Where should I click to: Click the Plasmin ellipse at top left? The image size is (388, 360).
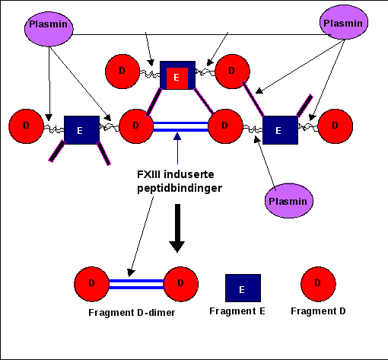click(49, 29)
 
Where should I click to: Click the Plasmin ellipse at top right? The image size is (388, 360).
click(344, 22)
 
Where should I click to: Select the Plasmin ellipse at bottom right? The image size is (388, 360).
click(289, 201)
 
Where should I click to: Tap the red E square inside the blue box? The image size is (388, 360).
click(177, 78)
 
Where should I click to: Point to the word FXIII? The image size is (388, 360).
click(148, 174)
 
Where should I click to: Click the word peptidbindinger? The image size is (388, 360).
click(180, 189)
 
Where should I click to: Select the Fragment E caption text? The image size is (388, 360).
click(237, 311)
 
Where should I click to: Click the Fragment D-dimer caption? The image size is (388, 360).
click(132, 313)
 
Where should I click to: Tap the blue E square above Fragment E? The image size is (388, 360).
click(243, 288)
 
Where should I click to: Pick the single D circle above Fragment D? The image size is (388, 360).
click(318, 284)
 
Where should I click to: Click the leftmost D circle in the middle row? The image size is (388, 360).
click(26, 126)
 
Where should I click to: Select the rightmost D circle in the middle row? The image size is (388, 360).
click(335, 126)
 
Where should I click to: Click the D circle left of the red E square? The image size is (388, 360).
click(122, 72)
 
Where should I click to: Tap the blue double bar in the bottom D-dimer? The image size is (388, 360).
click(136, 284)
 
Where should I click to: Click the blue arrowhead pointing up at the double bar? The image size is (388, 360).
click(177, 136)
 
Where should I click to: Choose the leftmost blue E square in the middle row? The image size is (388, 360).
click(81, 130)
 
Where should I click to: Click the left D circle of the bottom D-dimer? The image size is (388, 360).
click(91, 284)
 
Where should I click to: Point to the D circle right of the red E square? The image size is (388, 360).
click(232, 72)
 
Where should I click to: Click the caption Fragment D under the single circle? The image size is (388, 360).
click(318, 311)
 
